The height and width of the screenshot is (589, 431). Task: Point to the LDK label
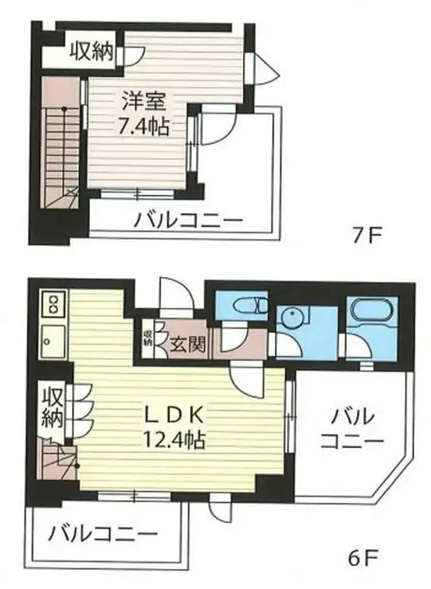176,415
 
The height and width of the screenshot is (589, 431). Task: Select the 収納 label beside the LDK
53,407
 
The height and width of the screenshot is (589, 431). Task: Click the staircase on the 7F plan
60,151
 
